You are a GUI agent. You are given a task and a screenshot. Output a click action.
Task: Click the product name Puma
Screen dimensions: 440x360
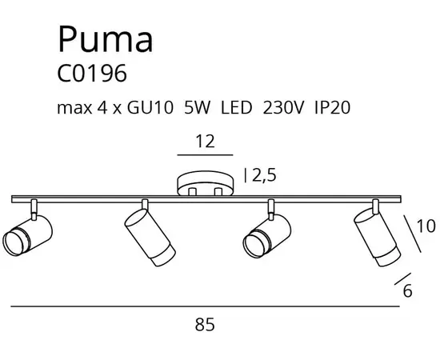point(106,39)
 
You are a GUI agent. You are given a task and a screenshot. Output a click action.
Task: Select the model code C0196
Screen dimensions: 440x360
point(92,74)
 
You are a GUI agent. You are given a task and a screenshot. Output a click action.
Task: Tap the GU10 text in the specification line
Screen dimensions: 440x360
point(150,107)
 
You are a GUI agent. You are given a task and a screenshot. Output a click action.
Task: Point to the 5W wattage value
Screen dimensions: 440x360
point(197,107)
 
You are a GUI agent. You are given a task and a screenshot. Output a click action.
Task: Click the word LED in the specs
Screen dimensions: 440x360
point(237,107)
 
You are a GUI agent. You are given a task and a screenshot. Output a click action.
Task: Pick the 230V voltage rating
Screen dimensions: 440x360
point(283,107)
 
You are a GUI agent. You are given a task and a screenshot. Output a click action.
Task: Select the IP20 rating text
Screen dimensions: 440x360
point(332,107)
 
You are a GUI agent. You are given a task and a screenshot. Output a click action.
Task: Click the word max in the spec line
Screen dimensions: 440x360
point(74,108)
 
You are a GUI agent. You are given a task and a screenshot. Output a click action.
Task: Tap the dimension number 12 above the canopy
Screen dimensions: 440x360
point(205,142)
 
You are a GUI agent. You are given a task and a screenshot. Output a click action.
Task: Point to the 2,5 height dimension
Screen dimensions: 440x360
point(264,176)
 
